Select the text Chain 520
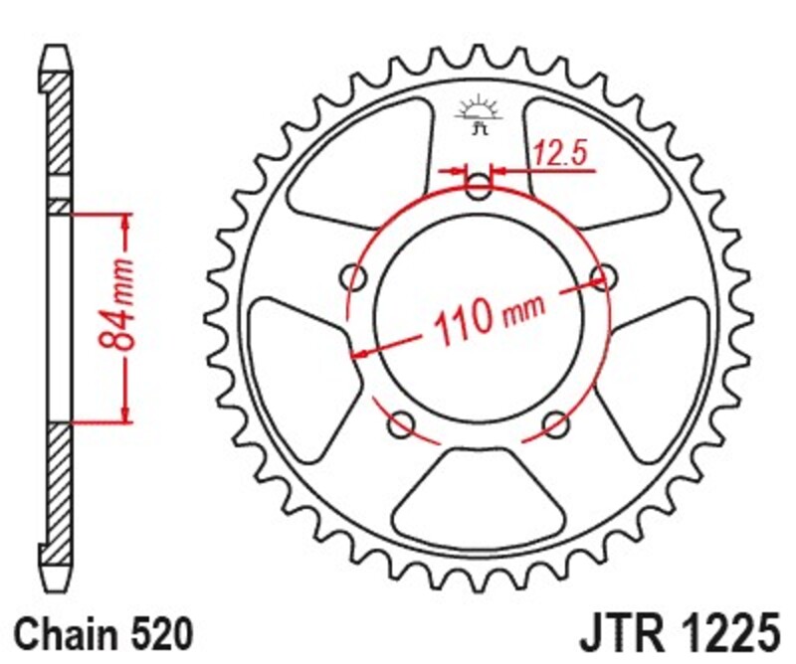(x=101, y=633)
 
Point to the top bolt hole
(x=480, y=186)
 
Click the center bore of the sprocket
(x=480, y=318)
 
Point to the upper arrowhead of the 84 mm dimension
(x=126, y=220)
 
